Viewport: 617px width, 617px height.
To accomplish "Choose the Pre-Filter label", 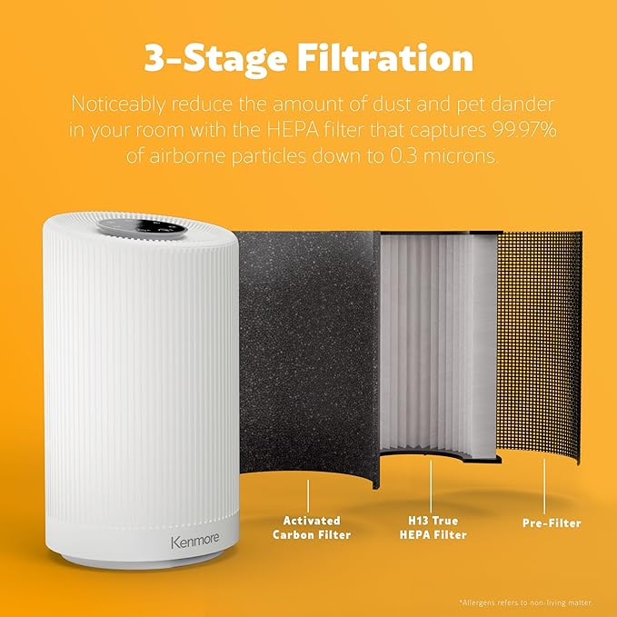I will pos(551,522).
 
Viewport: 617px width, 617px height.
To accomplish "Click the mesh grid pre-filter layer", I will pos(542,345).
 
